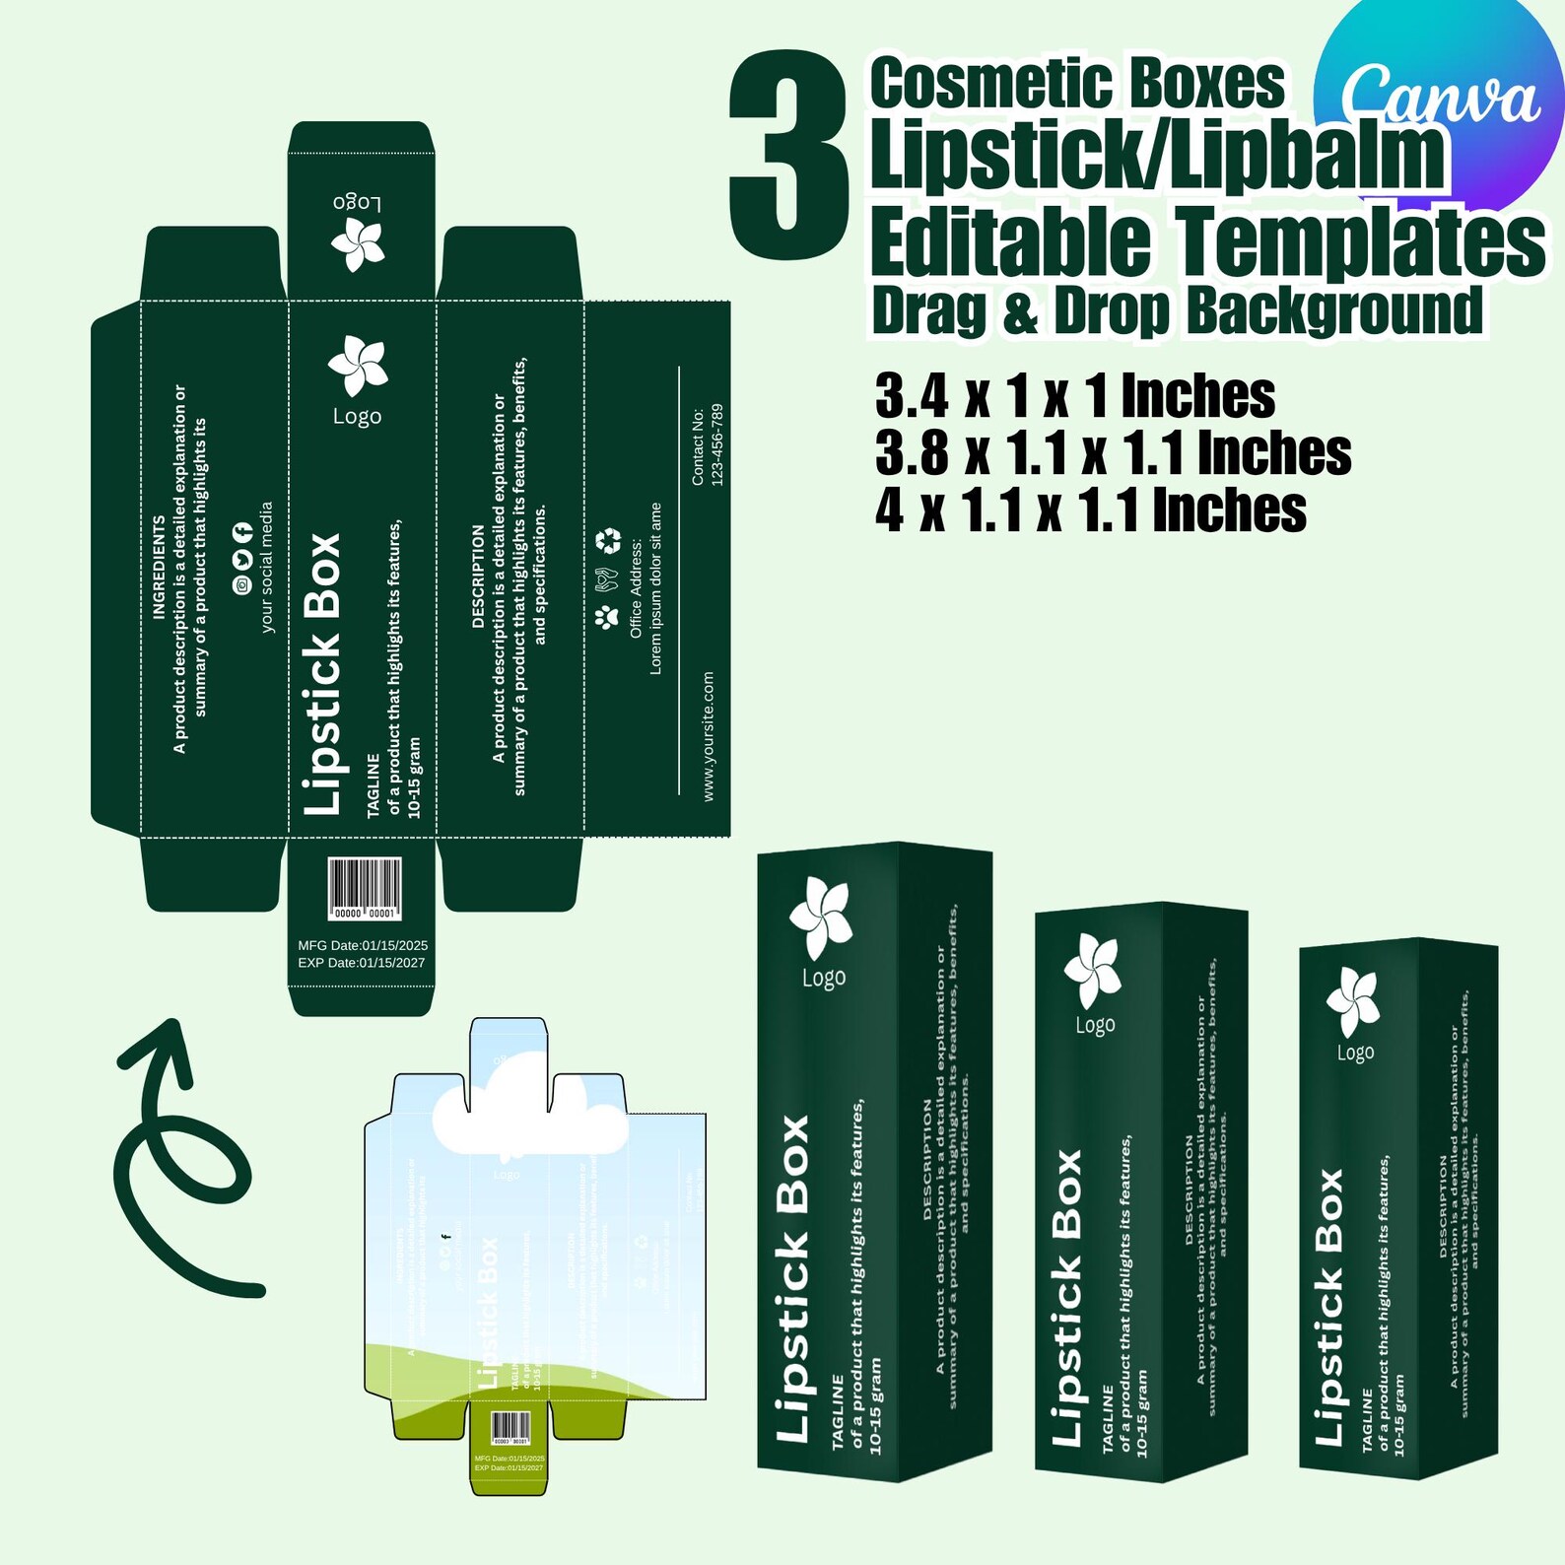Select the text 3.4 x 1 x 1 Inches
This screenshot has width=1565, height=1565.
click(1074, 396)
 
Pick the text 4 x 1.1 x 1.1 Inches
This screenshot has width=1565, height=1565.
click(1090, 510)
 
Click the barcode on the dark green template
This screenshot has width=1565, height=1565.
click(365, 888)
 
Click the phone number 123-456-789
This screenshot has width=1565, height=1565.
click(717, 444)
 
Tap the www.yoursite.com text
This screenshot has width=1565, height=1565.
click(709, 736)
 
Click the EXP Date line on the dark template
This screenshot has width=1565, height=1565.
click(362, 963)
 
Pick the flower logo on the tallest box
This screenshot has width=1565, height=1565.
click(820, 918)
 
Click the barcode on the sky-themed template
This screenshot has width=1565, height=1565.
click(510, 1426)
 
